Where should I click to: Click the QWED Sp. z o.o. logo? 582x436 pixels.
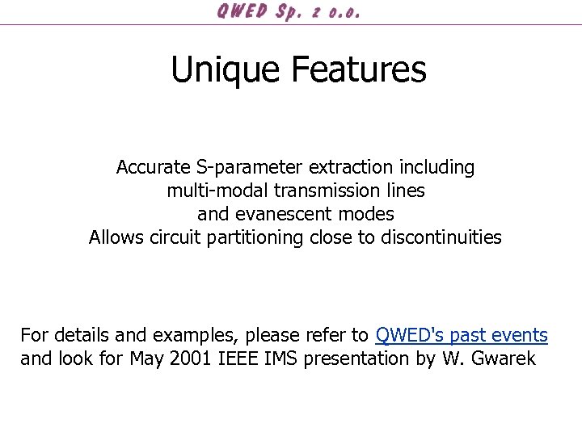[289, 12]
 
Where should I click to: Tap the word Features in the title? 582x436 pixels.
[358, 69]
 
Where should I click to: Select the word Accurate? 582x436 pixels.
[153, 168]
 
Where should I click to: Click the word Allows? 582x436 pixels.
[117, 238]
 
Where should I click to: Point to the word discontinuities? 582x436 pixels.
[441, 238]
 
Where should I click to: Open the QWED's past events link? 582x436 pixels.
[462, 335]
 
